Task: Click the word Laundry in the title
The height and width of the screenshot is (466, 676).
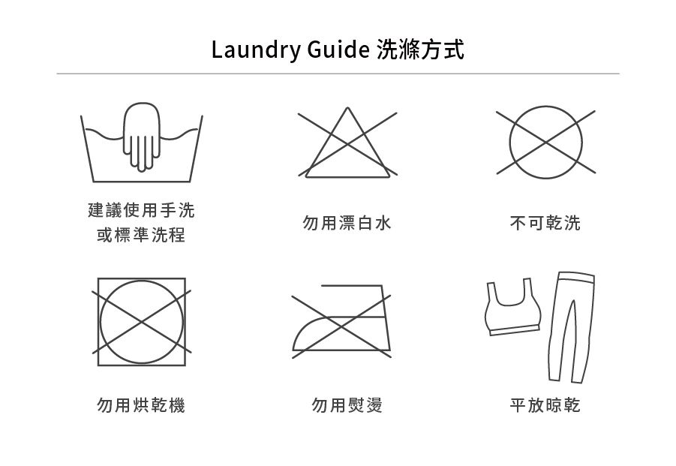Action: pyautogui.click(x=255, y=50)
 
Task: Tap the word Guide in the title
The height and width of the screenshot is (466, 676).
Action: pyautogui.click(x=338, y=49)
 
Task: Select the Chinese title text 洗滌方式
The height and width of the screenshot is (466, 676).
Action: pyautogui.click(x=420, y=49)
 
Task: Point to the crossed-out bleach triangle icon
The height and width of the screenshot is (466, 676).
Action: pyautogui.click(x=347, y=143)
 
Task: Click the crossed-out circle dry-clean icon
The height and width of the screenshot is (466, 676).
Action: pyautogui.click(x=545, y=143)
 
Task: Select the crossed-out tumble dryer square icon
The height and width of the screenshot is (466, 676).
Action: pyautogui.click(x=141, y=322)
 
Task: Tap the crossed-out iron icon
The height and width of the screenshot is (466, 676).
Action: pyautogui.click(x=341, y=321)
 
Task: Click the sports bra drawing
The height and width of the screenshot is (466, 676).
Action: pyautogui.click(x=512, y=306)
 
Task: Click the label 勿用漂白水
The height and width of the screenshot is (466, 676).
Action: pyautogui.click(x=347, y=223)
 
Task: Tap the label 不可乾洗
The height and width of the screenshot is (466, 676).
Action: pyautogui.click(x=545, y=223)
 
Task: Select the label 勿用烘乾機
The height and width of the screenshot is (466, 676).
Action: pyautogui.click(x=141, y=404)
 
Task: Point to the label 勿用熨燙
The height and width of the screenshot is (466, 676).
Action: pyautogui.click(x=347, y=404)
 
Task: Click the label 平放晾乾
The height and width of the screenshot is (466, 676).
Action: pyautogui.click(x=545, y=404)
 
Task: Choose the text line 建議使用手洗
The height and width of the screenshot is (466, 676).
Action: pyautogui.click(x=141, y=210)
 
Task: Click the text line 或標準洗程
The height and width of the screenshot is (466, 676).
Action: pyautogui.click(x=141, y=235)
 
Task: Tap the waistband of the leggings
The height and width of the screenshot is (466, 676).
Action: pyautogui.click(x=576, y=277)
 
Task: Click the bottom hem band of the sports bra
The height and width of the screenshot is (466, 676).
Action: pyautogui.click(x=515, y=330)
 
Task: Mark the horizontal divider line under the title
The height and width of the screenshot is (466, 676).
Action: pyautogui.click(x=338, y=74)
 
